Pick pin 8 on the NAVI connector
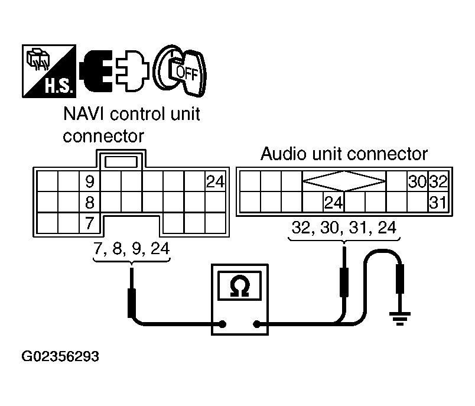click(x=90, y=203)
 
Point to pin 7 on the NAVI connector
click(x=90, y=224)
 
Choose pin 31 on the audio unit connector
click(x=437, y=203)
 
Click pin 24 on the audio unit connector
click(x=334, y=203)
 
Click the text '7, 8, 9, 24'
click(x=131, y=249)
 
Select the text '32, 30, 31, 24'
click(x=344, y=228)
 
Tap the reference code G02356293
click(x=60, y=357)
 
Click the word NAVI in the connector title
click(x=83, y=114)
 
